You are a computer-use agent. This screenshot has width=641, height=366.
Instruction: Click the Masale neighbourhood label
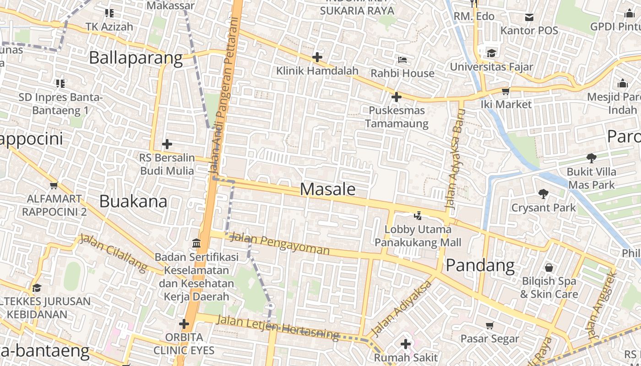[327, 189]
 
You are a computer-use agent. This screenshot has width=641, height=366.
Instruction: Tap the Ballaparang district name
[136, 58]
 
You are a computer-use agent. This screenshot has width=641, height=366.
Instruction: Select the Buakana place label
[133, 201]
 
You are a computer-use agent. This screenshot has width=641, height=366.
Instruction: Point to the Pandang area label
[480, 265]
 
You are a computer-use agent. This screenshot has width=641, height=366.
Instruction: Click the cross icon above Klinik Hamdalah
[317, 57]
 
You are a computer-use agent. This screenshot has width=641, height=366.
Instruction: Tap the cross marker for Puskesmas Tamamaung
[396, 97]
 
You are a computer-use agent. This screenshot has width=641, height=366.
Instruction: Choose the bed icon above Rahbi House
[402, 60]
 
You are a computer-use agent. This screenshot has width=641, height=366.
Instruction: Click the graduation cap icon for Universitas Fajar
[491, 53]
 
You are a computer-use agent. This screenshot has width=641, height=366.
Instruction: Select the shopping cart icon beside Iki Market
[505, 91]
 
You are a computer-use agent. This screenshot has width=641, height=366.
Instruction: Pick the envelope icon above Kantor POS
[529, 17]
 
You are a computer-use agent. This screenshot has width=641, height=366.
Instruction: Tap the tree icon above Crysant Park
[543, 194]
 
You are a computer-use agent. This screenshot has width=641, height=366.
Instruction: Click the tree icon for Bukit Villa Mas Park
[591, 158]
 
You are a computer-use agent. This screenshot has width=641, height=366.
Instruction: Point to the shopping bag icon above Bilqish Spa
[549, 268]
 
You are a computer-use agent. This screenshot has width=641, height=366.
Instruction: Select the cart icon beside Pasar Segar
[489, 326]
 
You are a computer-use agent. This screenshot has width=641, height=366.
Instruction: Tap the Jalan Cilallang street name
[114, 253]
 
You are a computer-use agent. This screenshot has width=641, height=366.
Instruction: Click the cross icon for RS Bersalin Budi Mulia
[167, 145]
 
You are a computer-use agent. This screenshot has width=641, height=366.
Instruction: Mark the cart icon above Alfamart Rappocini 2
[54, 186]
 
